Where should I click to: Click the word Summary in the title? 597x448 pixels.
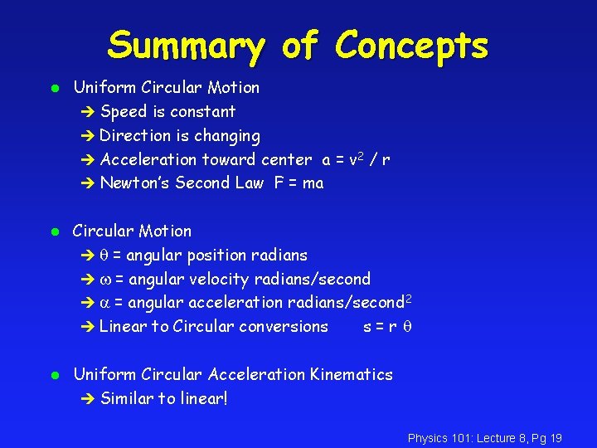tap(187, 47)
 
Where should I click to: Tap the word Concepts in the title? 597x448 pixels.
tap(411, 47)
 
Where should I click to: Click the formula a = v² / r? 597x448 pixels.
tap(357, 159)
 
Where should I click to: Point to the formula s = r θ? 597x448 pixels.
tap(388, 327)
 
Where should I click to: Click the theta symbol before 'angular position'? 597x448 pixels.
tap(104, 256)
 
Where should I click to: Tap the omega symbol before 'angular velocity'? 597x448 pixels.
tap(105, 280)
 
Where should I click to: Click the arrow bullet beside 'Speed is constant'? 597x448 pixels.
tap(89, 112)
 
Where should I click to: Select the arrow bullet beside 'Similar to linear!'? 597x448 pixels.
tap(89, 400)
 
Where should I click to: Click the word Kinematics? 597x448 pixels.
tap(351, 375)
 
